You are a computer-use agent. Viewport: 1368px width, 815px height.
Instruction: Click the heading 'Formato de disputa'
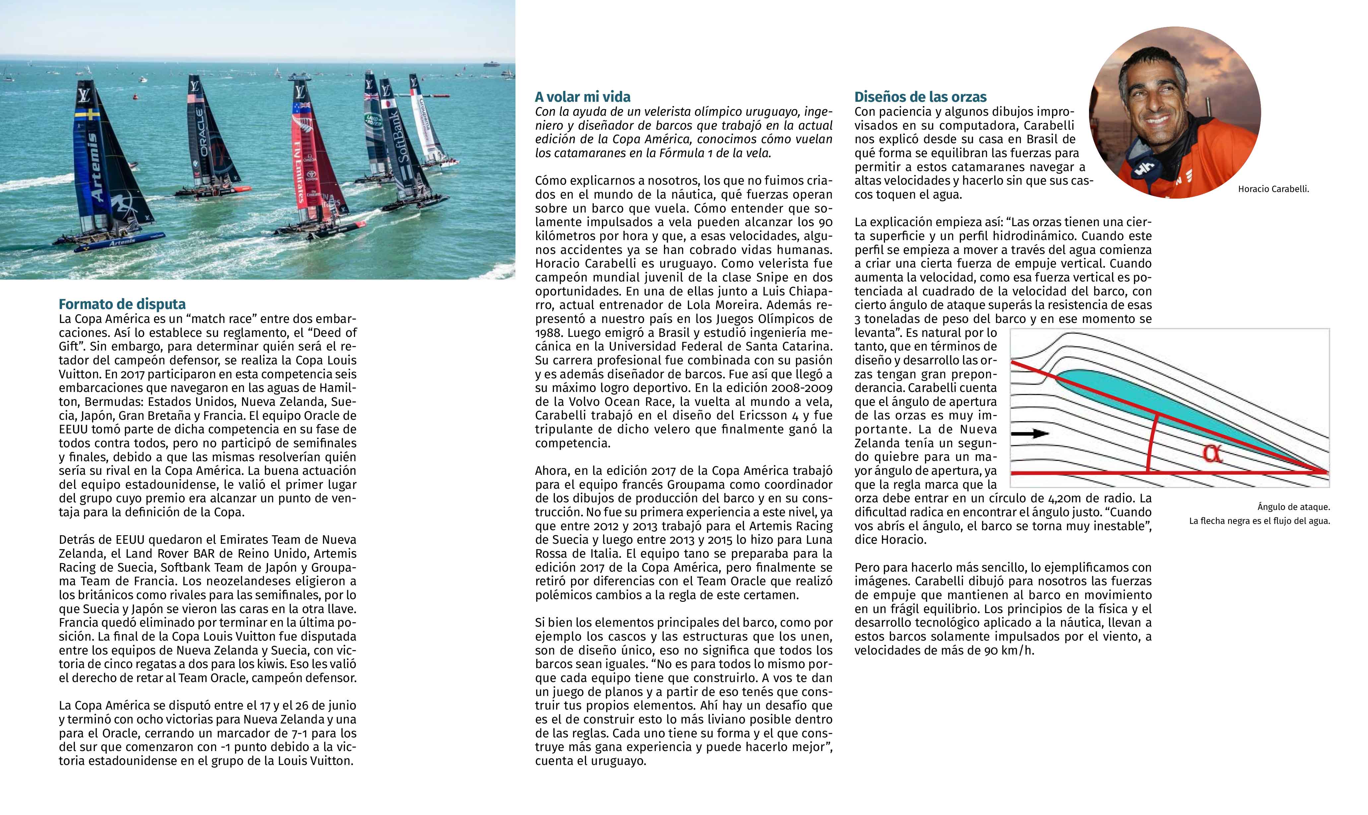click(x=122, y=304)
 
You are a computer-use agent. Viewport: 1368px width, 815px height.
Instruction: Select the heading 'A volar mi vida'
click(x=582, y=97)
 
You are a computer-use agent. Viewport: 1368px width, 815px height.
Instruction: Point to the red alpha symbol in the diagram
click(x=1212, y=454)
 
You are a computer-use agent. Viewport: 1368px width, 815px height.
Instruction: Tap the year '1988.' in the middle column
click(x=549, y=333)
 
